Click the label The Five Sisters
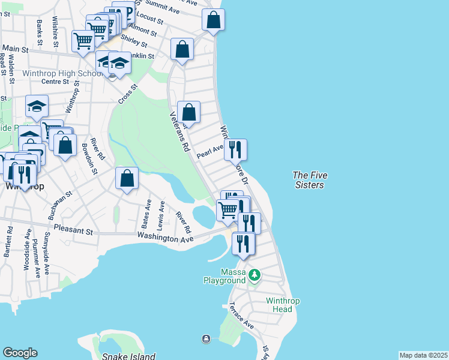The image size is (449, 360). (308, 180)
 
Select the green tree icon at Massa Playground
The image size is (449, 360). (255, 275)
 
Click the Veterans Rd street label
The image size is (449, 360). (179, 131)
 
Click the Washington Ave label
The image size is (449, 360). (165, 238)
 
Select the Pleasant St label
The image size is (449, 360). (73, 230)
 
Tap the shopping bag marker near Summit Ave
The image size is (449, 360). (213, 20)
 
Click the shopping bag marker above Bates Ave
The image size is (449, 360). (127, 178)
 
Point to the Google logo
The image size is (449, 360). (20, 353)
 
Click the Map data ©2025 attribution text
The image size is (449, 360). (423, 355)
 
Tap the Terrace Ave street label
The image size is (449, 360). (241, 316)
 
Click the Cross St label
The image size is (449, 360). (128, 94)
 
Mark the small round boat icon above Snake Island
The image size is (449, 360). (206, 339)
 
